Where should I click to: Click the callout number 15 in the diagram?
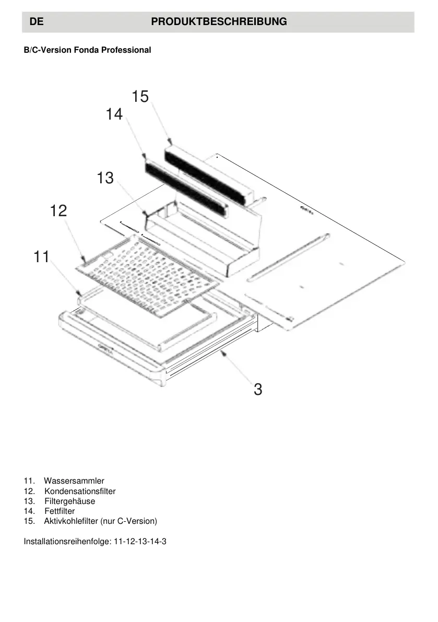tap(140, 97)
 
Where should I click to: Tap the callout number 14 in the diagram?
tap(114, 114)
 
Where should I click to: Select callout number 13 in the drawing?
tap(105, 178)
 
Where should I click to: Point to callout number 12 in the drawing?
tap(58, 211)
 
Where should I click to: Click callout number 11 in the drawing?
tap(41, 256)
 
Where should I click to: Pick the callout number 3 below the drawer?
tap(258, 389)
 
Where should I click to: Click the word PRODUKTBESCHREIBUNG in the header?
tap(219, 22)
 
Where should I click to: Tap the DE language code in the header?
tap(35, 22)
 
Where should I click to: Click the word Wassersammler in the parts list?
tap(74, 480)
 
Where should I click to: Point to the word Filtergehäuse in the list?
tap(69, 501)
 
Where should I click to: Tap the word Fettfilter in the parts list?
tap(60, 511)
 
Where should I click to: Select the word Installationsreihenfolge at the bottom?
tap(66, 541)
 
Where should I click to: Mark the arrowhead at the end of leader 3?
tap(223, 354)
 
